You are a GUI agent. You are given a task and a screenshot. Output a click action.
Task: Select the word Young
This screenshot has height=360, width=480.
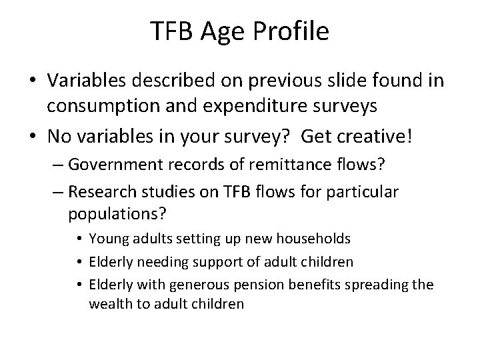click(x=107, y=239)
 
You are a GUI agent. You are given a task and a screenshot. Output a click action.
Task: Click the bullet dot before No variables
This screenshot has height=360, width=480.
click(x=29, y=137)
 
